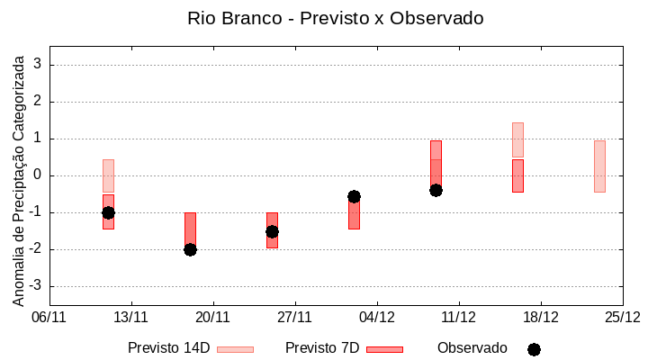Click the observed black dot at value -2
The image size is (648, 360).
190,249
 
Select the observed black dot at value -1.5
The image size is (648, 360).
272,231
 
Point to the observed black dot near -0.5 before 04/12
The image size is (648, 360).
354,196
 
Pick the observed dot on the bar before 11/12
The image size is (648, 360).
436,190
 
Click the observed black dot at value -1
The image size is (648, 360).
108,212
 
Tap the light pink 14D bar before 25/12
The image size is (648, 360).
599,166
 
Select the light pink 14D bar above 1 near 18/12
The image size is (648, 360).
517,139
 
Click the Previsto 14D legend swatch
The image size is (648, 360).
235,349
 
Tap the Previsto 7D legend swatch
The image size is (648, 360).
384,349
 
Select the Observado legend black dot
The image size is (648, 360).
534,349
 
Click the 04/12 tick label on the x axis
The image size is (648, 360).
377,317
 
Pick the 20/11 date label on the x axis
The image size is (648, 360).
213,317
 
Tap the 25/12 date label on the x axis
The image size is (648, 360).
622,317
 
